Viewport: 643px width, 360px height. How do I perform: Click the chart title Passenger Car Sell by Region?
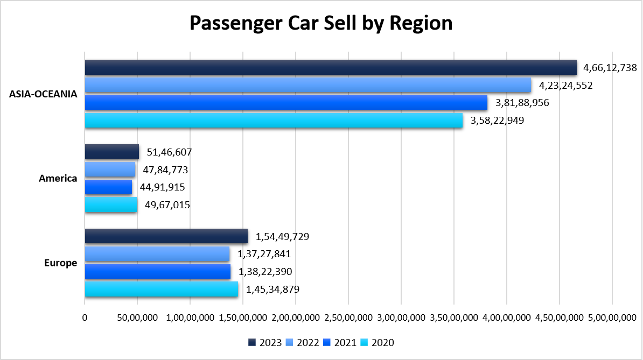pyautogui.click(x=321, y=24)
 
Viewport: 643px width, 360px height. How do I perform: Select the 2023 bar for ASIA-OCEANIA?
pyautogui.click(x=331, y=68)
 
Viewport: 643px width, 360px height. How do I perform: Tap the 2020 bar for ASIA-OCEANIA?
pyautogui.click(x=274, y=121)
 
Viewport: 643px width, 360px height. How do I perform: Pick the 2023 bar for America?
pyautogui.click(x=112, y=152)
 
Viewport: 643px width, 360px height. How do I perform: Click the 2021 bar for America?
pyautogui.click(x=108, y=187)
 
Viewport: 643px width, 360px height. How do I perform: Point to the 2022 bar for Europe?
pyautogui.click(x=157, y=254)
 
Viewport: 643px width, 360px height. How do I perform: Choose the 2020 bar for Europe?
pyautogui.click(x=162, y=290)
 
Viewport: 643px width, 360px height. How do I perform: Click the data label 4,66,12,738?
pyautogui.click(x=611, y=68)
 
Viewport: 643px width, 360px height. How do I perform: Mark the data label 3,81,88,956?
pyautogui.click(x=522, y=103)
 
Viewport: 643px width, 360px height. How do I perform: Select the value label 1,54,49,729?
pyautogui.click(x=282, y=237)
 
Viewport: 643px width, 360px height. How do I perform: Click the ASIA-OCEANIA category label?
pyautogui.click(x=43, y=94)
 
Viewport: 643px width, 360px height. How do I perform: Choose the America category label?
pyautogui.click(x=58, y=178)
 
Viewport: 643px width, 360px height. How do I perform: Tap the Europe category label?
pyautogui.click(x=61, y=263)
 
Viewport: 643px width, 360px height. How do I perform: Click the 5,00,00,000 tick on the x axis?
pyautogui.click(x=612, y=317)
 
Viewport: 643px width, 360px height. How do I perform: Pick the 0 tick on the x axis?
pyautogui.click(x=85, y=317)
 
